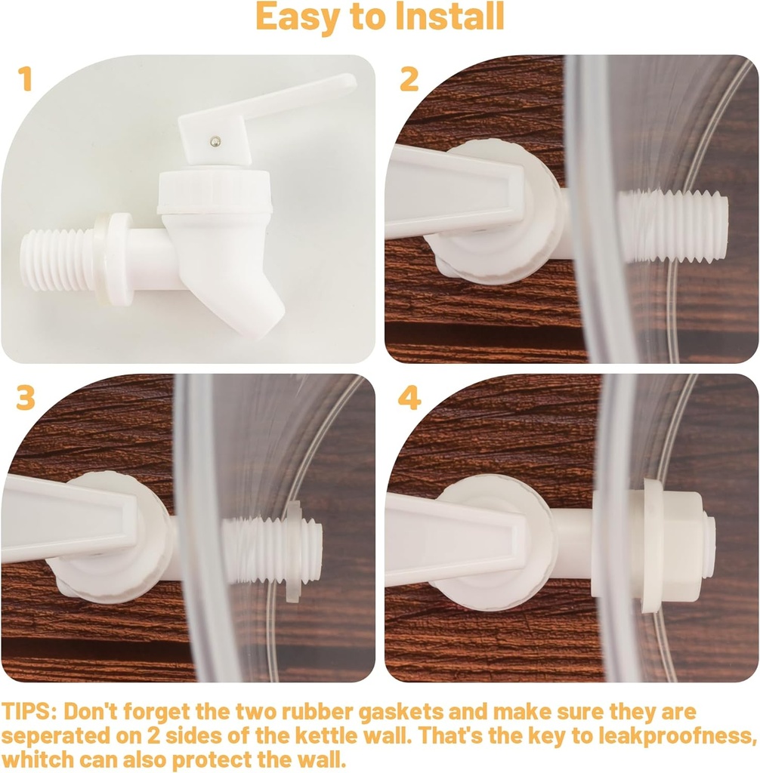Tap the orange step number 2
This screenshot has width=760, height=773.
tap(409, 79)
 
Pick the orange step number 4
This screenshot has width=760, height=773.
tap(409, 399)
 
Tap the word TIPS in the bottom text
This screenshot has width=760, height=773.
tap(29, 711)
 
